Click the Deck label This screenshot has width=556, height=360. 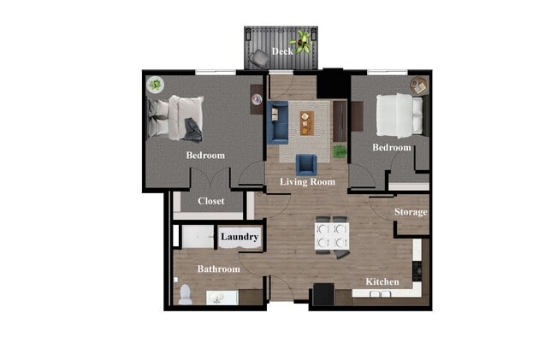click(x=282, y=51)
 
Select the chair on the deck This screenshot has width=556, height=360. click(x=258, y=58)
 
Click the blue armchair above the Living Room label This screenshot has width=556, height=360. click(x=306, y=164)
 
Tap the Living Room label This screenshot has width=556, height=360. click(x=307, y=182)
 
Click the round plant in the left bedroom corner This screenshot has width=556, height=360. click(x=156, y=85)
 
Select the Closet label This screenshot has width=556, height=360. click(x=210, y=202)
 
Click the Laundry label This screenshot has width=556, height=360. click(x=240, y=237)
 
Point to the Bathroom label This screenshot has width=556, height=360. click(x=218, y=269)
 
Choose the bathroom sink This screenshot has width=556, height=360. click(x=216, y=298)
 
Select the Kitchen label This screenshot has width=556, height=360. click(x=382, y=281)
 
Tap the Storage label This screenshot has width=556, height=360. click(x=411, y=212)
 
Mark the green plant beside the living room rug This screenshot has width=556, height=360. click(x=340, y=151)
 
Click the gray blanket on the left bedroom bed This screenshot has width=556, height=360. click(x=192, y=130)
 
